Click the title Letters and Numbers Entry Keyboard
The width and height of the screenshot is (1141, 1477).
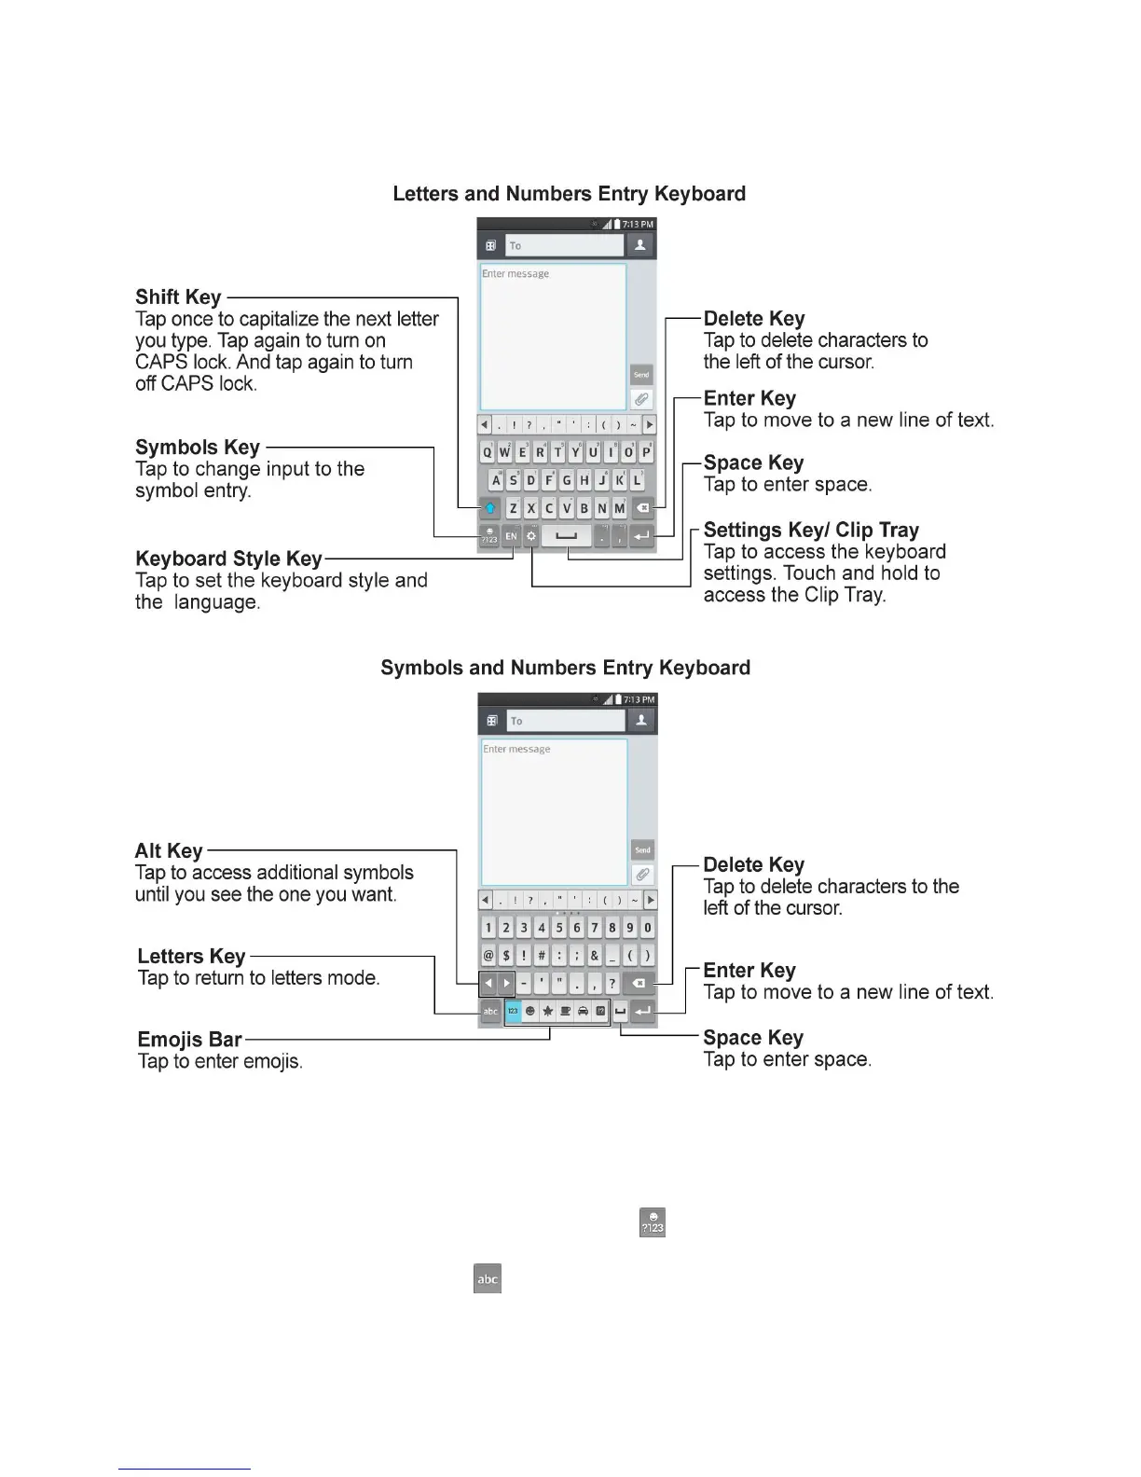[x=569, y=194]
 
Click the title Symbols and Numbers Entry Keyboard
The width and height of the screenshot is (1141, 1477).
[x=565, y=668]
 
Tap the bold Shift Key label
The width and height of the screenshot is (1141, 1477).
[x=178, y=297]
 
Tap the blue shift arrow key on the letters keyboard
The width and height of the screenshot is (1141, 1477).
[x=490, y=508]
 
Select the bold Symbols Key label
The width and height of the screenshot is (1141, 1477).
[x=198, y=448]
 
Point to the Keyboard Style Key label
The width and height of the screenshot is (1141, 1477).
[x=228, y=559]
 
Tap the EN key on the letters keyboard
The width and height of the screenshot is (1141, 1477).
[x=511, y=536]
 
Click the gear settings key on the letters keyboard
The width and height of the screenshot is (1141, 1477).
[x=530, y=536]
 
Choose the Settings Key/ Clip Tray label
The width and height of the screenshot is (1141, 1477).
[x=811, y=531]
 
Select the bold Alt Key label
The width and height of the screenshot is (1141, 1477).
[x=169, y=850]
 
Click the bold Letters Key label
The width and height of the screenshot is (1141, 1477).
[x=191, y=957]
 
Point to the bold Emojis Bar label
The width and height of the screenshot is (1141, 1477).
[x=189, y=1040]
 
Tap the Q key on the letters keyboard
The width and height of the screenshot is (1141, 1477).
[x=488, y=453]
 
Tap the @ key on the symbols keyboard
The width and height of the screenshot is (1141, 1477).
[x=488, y=956]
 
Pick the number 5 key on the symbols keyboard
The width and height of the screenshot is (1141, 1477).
[x=559, y=928]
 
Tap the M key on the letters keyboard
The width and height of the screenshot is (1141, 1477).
[x=619, y=508]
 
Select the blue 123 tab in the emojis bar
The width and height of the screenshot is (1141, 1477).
[x=513, y=1011]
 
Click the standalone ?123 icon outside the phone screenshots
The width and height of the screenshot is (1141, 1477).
[x=652, y=1222]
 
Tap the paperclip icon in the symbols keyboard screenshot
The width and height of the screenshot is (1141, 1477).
[x=642, y=875]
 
